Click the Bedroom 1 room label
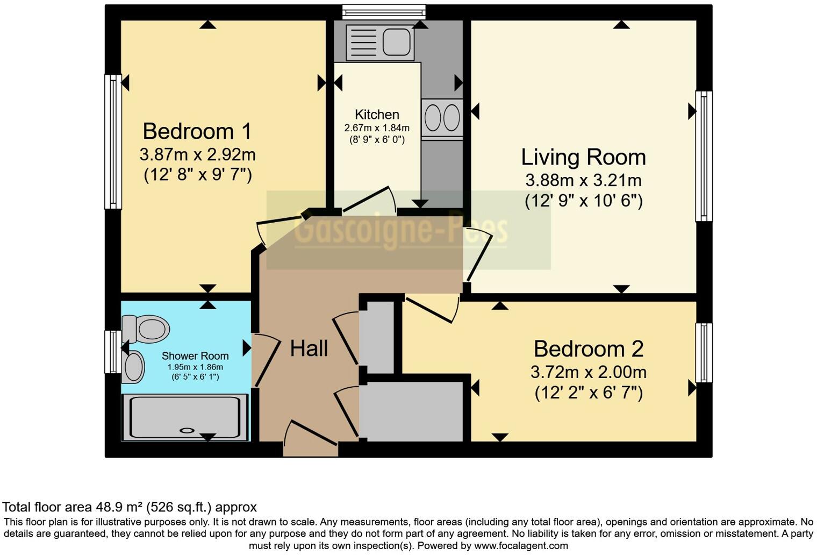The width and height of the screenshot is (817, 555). coord(197,131)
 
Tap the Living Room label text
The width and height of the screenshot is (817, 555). coord(583,157)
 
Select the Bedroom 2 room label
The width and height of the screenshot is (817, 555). coord(588,349)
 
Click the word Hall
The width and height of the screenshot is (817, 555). coord(309,348)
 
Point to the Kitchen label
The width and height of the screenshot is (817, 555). coord(377,115)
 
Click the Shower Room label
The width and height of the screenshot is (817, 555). coord(195,356)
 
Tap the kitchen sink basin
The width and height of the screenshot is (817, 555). coord(397,42)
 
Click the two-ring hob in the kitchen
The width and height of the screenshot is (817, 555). coord(442,118)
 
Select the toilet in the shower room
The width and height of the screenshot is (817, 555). coord(146,329)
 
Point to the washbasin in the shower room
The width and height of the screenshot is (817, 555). coord(133,367)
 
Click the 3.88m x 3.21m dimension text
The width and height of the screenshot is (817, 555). coord(583,180)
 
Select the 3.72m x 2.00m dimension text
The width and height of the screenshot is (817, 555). coord(588,372)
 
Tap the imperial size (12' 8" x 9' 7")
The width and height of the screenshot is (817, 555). coord(198,175)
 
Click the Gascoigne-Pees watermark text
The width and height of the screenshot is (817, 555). coord(400,230)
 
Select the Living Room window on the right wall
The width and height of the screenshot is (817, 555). coord(704,156)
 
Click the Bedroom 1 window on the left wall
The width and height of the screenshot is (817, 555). coord(113,141)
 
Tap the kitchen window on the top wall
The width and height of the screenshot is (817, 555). coord(384,12)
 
